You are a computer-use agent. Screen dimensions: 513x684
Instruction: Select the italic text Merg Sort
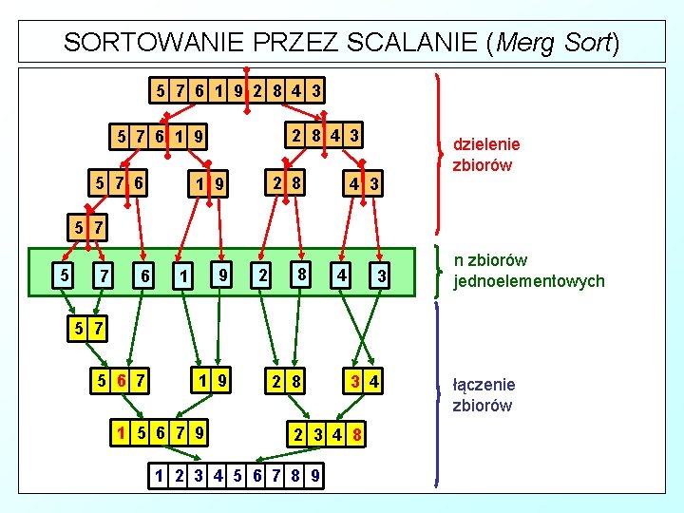(x=554, y=42)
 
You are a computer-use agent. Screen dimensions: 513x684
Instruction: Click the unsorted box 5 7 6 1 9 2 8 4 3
(x=237, y=91)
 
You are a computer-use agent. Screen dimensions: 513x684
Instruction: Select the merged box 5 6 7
(x=120, y=381)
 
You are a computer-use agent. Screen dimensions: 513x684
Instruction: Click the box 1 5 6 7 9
(x=160, y=431)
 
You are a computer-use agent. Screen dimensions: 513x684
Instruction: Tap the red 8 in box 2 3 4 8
(x=354, y=433)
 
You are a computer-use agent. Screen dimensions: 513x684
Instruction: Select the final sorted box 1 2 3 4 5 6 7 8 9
(x=237, y=474)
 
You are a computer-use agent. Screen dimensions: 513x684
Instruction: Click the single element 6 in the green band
(x=143, y=275)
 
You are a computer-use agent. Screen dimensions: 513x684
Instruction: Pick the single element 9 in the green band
(x=222, y=274)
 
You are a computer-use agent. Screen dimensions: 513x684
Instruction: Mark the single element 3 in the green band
(x=381, y=275)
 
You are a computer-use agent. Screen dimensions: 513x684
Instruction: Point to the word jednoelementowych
(x=530, y=280)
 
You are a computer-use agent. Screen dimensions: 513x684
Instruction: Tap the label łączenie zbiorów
(x=484, y=394)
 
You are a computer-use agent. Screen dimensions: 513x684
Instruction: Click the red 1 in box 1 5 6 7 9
(x=121, y=431)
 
